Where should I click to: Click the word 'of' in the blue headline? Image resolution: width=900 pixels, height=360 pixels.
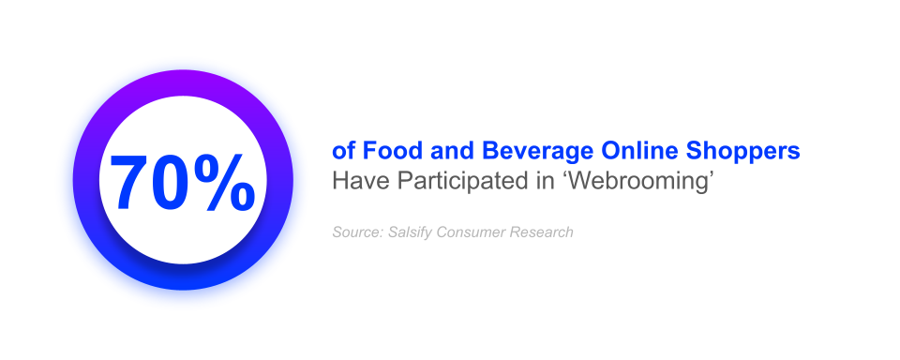pos(342,151)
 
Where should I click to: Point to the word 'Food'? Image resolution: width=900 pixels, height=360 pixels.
pos(387,151)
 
